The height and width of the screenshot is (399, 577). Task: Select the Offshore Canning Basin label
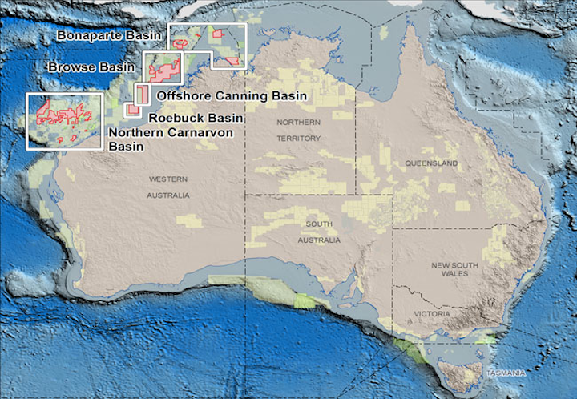[x=232, y=96]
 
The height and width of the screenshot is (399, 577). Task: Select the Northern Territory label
[x=298, y=130]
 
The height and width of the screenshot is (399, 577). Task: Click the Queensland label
[x=431, y=163]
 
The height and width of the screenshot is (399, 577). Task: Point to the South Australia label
[x=318, y=233]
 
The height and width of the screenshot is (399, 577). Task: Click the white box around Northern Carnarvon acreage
[x=65, y=121]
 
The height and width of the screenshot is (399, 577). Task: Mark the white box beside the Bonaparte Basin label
[x=207, y=45]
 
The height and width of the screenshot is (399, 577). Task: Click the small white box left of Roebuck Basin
[x=132, y=110]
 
